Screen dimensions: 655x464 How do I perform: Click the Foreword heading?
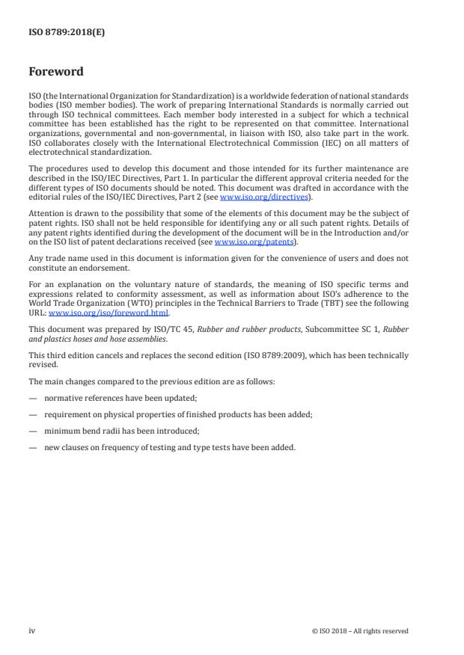point(57,72)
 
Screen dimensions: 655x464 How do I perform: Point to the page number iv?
point(32,630)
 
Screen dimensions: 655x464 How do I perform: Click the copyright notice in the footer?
point(360,631)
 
